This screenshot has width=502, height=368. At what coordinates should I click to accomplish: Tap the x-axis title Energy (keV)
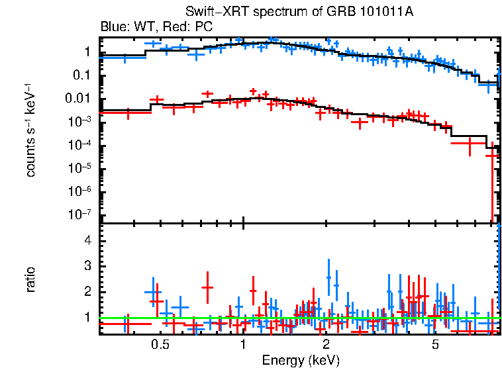pos(300,360)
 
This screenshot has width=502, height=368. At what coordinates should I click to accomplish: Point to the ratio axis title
pos(30,279)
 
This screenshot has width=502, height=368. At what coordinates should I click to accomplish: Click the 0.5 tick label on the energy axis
pos(160,345)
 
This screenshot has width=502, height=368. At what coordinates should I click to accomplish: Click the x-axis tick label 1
pos(243,345)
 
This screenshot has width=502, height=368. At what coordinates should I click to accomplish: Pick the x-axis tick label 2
pos(326,345)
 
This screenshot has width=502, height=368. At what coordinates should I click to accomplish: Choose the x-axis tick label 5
pos(435,345)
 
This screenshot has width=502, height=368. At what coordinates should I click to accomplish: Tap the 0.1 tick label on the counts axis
pos(82,75)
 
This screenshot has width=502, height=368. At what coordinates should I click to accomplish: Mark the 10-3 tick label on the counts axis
pos(81,122)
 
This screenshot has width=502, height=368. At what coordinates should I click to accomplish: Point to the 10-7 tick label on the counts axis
pos(81,214)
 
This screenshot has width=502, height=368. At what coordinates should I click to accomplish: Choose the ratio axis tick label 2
pos(87,292)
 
